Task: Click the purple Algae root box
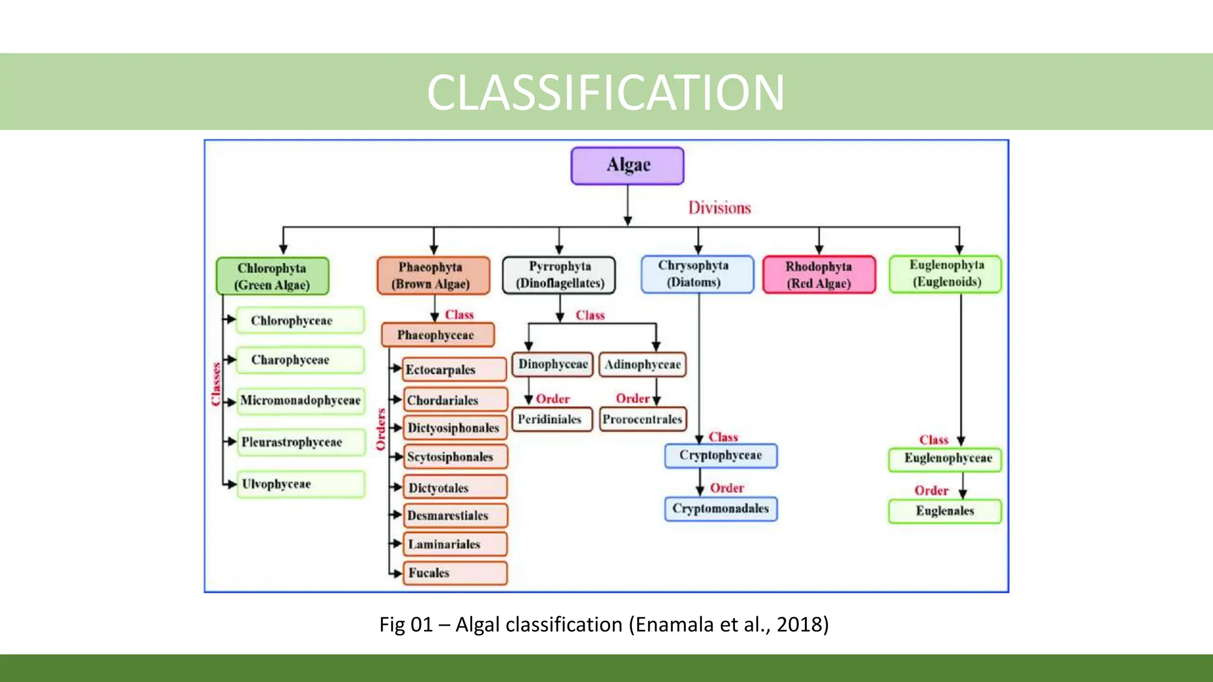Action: click(x=627, y=166)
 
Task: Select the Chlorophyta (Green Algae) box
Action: click(x=272, y=276)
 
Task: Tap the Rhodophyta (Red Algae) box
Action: click(x=819, y=275)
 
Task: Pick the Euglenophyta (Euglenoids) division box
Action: click(x=945, y=274)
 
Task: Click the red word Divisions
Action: click(x=719, y=208)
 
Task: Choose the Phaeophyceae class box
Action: click(x=437, y=335)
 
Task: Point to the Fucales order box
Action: click(x=454, y=572)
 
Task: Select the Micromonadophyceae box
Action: click(x=300, y=400)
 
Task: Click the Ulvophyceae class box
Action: click(x=300, y=484)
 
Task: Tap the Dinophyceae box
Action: click(x=553, y=364)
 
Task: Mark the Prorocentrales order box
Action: click(x=643, y=419)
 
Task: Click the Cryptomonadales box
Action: click(x=720, y=509)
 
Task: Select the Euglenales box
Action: click(x=945, y=511)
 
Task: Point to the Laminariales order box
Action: click(x=454, y=544)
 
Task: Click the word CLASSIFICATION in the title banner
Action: click(x=605, y=92)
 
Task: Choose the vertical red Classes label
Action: click(x=216, y=384)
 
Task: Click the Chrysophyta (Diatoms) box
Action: click(x=697, y=274)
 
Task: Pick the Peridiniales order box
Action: click(x=551, y=419)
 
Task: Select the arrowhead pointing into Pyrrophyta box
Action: click(x=559, y=250)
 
